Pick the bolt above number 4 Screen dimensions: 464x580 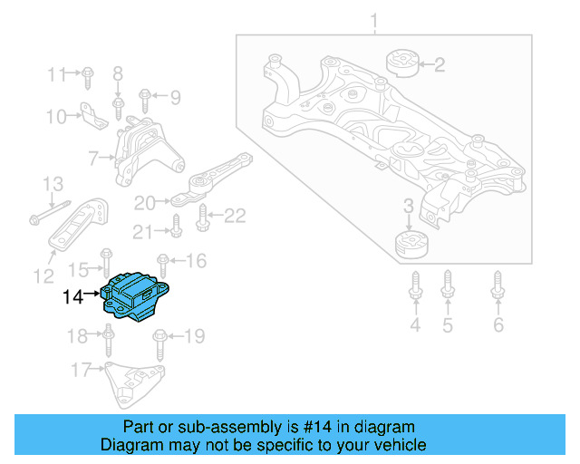click(x=415, y=285)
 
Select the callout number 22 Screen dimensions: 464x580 click(x=235, y=216)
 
